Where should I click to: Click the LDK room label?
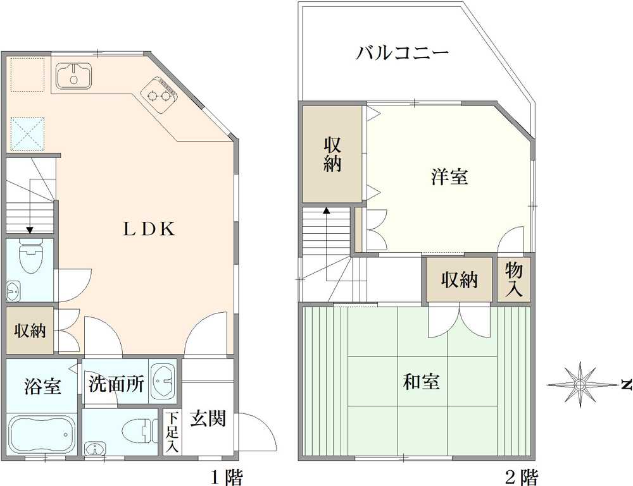pos(149,229)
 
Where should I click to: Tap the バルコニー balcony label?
pos(402,52)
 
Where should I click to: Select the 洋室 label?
pos(449,178)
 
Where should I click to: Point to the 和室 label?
pos(422,382)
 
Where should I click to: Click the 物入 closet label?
pos(514,279)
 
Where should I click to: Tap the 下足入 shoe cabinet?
pos(172,432)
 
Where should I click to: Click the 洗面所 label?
pos(116,384)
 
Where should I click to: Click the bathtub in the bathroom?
pos(41,434)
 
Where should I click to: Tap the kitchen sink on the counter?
pos(74,76)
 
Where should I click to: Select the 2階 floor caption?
pos(522,476)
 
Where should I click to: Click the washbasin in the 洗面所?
pos(163,381)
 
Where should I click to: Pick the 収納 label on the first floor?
pos(30,331)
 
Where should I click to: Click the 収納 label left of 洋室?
pos(333,154)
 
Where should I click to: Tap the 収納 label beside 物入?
pos(459,280)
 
